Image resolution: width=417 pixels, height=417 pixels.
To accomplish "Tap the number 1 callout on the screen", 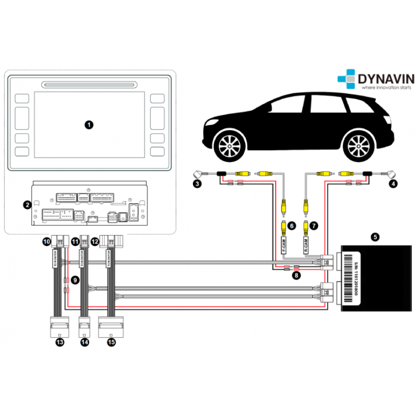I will pos(89,124).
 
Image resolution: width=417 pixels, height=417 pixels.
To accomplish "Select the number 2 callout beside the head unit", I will pos(27,204).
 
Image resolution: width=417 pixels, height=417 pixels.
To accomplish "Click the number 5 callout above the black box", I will pos(375,236).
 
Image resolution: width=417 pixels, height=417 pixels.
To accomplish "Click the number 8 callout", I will pos(296,276).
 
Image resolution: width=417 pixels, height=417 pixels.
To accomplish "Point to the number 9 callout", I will pos(75,279).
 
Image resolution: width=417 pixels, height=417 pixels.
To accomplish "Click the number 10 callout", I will pos(46,240).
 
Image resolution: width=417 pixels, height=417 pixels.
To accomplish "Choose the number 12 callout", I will pos(96,240).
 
